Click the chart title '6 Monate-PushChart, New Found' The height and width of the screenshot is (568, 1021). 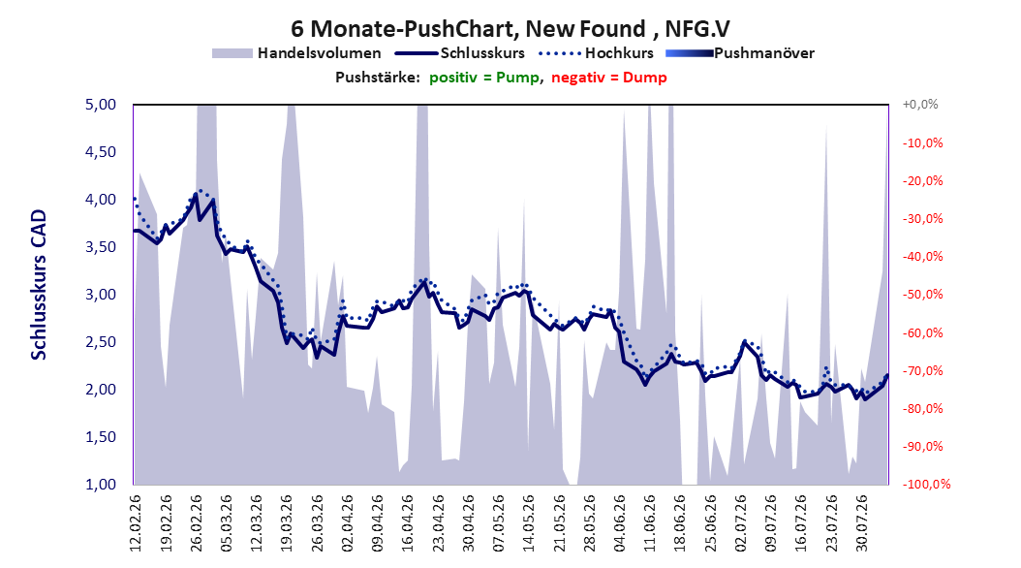pyautogui.click(x=468, y=29)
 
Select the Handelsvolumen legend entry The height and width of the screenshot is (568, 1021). pyautogui.click(x=296, y=53)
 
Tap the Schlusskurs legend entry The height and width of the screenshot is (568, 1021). pyautogui.click(x=460, y=53)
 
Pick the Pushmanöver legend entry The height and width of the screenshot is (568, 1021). pyautogui.click(x=740, y=53)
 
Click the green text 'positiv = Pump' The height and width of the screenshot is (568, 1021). pyautogui.click(x=484, y=78)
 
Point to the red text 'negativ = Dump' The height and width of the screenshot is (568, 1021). pyautogui.click(x=609, y=78)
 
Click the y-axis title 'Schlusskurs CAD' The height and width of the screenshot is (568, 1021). pyautogui.click(x=39, y=285)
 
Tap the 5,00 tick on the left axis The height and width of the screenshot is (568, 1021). pyautogui.click(x=101, y=105)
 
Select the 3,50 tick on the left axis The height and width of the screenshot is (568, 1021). pyautogui.click(x=101, y=247)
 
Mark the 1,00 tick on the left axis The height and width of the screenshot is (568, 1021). pyautogui.click(x=101, y=484)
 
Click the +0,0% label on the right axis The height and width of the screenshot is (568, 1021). pyautogui.click(x=920, y=105)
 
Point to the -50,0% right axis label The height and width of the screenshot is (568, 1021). pyautogui.click(x=922, y=295)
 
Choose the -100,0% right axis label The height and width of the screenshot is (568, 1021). pyautogui.click(x=926, y=484)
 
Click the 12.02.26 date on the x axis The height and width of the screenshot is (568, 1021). pyautogui.click(x=136, y=523)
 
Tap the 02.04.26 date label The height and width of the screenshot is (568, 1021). pyautogui.click(x=347, y=523)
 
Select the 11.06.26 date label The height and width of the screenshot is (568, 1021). pyautogui.click(x=649, y=523)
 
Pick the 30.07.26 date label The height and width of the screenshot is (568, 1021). pyautogui.click(x=861, y=523)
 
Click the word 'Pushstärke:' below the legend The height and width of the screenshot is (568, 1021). pyautogui.click(x=378, y=78)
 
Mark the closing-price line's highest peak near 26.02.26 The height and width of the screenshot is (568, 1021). pyautogui.click(x=196, y=194)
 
